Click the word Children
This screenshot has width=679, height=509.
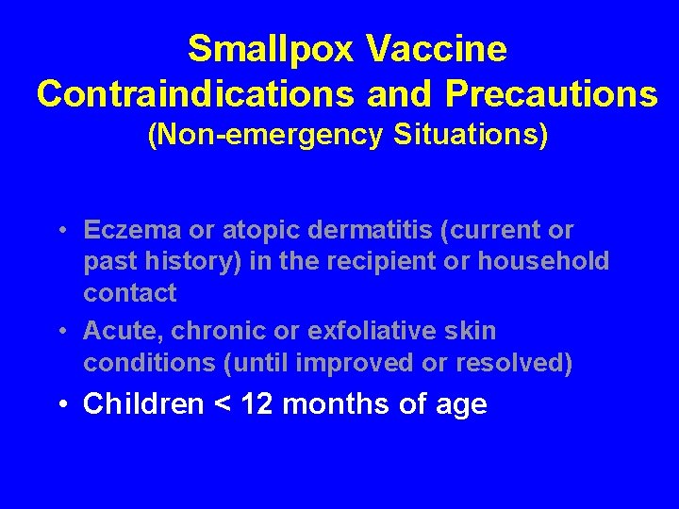[x=143, y=405]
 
